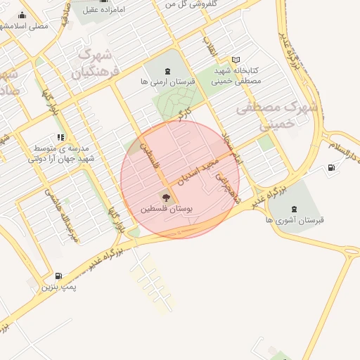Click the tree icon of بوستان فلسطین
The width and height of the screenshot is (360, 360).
click(x=166, y=197)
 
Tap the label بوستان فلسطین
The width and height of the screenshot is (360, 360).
click(x=167, y=209)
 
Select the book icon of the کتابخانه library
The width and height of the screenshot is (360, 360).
click(x=236, y=60)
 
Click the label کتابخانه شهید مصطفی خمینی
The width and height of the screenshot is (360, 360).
click(x=236, y=76)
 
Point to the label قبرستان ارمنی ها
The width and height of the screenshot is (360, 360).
click(x=167, y=82)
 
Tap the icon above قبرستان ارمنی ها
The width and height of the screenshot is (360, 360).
click(x=167, y=70)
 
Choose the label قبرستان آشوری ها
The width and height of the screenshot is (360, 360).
click(x=295, y=220)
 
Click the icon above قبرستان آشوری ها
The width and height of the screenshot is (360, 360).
click(x=293, y=208)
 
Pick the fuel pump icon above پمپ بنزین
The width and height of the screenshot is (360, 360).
click(x=58, y=275)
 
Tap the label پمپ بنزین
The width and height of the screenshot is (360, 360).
click(x=58, y=287)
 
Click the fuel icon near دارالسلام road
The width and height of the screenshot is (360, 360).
click(x=331, y=167)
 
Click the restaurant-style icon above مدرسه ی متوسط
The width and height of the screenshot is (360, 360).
click(x=60, y=137)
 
